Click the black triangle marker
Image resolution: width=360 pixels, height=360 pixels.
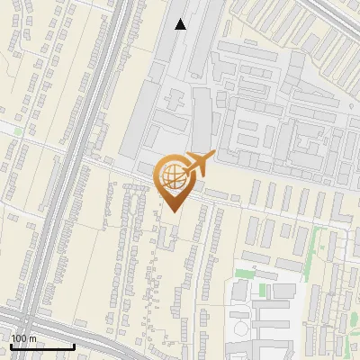click(x=181, y=24)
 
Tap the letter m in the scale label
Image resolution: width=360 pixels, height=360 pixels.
click(x=33, y=337)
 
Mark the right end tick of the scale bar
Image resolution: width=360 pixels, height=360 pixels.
click(x=74, y=346)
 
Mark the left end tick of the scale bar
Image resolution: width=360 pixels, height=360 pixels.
click(x=10, y=346)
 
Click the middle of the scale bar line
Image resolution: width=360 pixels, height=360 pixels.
click(x=41, y=347)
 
